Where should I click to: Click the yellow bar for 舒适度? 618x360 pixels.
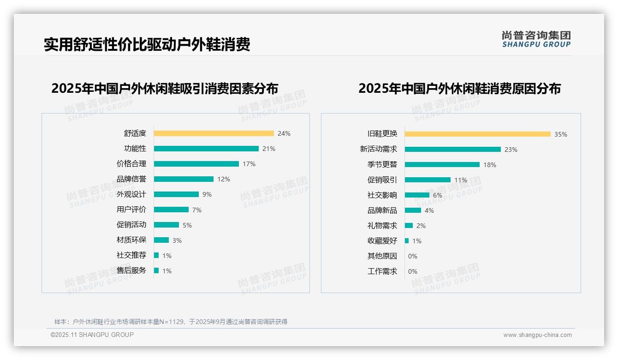(214, 133)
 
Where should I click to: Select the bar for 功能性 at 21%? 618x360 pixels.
(206, 149)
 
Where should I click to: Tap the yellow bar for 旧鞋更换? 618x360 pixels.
(477, 134)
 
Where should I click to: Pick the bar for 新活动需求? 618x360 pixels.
(452, 150)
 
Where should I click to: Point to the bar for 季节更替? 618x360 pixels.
(442, 165)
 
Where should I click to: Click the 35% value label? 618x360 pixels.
(560, 134)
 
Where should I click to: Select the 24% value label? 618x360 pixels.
(284, 133)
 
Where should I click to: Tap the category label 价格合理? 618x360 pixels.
(131, 164)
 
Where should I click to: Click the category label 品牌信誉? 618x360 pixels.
(131, 179)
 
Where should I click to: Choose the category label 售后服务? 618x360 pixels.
(131, 270)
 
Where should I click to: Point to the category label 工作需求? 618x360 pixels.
(382, 271)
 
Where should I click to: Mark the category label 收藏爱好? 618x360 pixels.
(382, 241)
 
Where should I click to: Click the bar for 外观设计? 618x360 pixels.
(176, 194)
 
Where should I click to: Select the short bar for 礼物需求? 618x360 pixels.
(409, 226)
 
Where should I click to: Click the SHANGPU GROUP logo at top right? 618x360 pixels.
(536, 39)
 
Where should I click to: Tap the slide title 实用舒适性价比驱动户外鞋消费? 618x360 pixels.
(147, 45)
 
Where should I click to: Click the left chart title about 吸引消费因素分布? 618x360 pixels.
(165, 89)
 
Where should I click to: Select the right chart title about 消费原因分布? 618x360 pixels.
(459, 89)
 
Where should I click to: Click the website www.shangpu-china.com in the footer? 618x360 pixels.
(537, 335)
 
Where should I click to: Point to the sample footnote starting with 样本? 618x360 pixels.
(171, 322)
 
